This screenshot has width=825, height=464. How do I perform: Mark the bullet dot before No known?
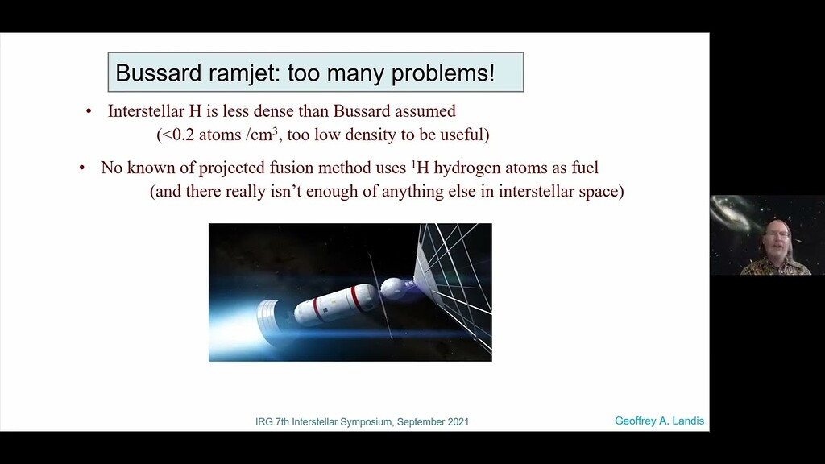(x=82, y=168)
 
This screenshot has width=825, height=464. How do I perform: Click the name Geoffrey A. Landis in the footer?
(x=659, y=420)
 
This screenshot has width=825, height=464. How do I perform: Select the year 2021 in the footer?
(x=456, y=421)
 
